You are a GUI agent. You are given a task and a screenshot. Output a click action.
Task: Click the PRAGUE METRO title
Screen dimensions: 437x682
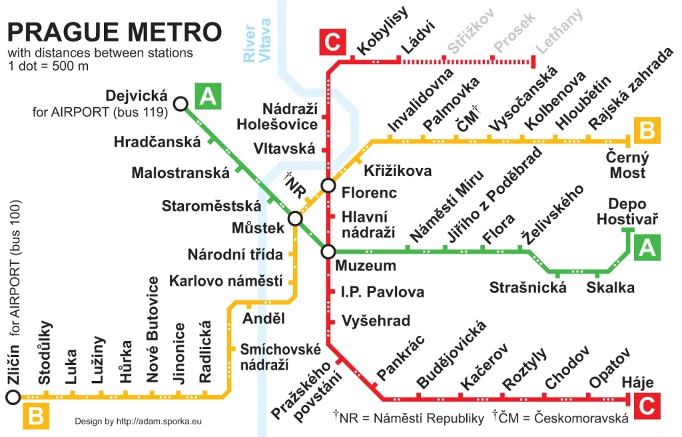tap(114, 31)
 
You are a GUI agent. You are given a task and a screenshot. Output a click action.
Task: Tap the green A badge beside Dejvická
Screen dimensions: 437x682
tap(207, 97)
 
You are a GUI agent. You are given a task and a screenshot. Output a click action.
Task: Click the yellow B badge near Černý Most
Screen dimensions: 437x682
tap(647, 131)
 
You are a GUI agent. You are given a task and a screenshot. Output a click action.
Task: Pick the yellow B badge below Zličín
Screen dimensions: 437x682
tap(36, 417)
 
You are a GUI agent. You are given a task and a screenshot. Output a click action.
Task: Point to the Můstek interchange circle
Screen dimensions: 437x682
tap(296, 218)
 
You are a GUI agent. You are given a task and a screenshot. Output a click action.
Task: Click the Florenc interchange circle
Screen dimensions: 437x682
tap(328, 185)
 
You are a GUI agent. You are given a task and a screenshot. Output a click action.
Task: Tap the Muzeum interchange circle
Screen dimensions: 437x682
tap(328, 251)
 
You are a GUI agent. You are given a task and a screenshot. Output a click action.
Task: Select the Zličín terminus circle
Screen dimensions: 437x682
tap(12, 398)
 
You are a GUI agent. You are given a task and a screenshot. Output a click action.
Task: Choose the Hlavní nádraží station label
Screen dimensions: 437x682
tap(368, 225)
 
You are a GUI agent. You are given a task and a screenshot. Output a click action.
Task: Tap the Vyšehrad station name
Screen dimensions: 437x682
tap(376, 321)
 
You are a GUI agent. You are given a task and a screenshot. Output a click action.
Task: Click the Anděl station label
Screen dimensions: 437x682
tap(264, 318)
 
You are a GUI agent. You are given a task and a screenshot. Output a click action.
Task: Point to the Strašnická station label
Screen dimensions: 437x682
tap(527, 288)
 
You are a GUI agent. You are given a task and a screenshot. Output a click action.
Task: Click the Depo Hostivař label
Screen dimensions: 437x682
tap(627, 211)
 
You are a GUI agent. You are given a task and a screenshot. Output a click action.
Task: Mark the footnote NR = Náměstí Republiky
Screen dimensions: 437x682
tap(408, 418)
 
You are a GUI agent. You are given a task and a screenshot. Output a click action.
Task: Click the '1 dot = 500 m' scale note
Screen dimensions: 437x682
tap(49, 66)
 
